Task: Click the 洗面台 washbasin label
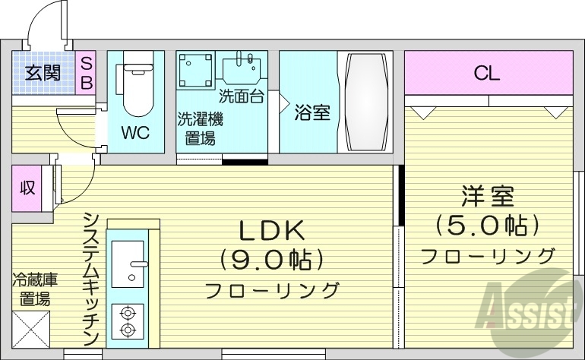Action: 242,96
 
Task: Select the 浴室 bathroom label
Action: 312,113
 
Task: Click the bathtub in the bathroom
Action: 365,102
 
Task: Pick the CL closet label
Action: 487,73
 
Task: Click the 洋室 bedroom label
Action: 487,196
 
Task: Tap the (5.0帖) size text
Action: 487,225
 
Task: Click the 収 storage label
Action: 27,187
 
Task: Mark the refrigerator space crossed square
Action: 31,328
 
